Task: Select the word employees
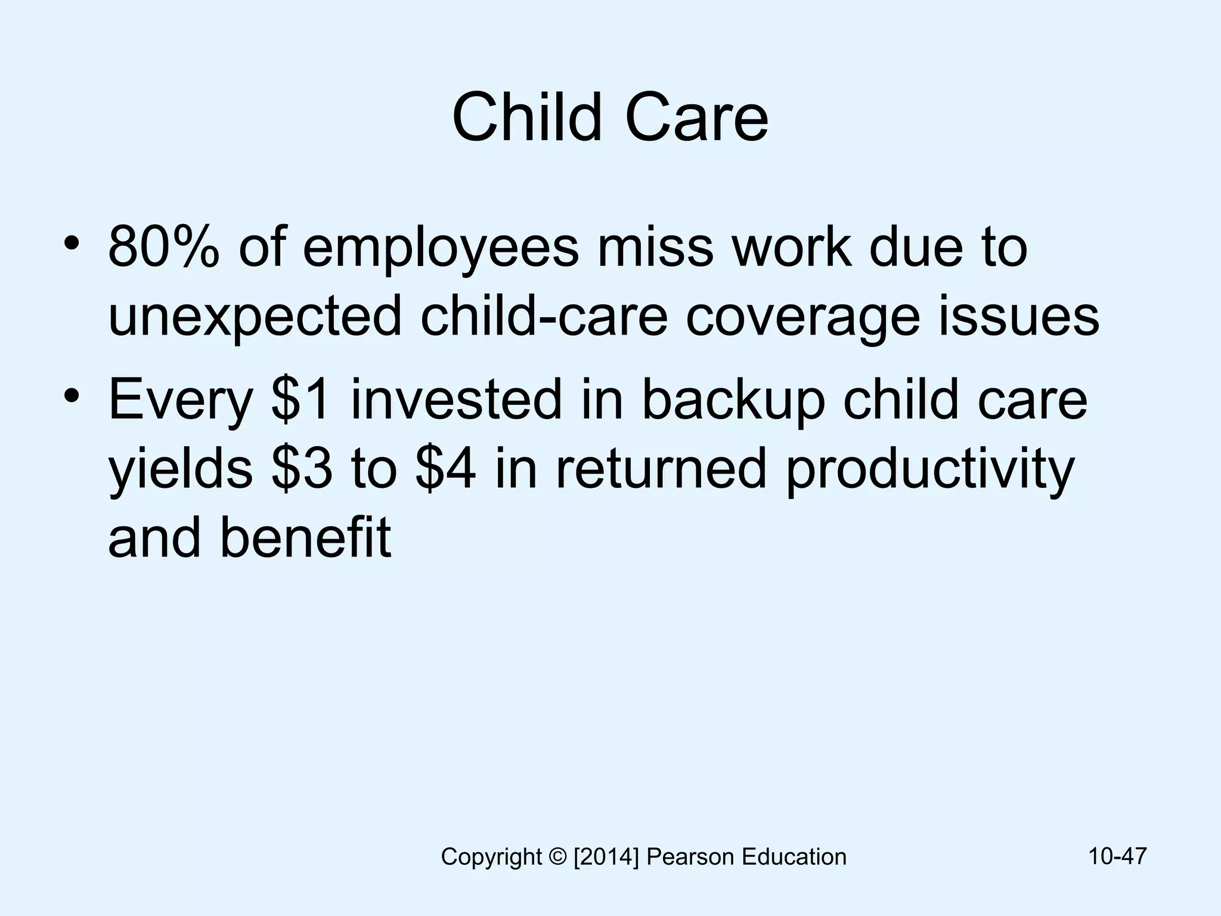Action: [x=441, y=248]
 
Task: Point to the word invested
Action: [x=456, y=400]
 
